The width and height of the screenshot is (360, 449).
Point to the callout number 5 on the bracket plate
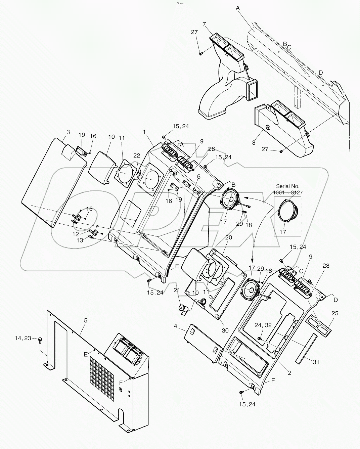[x=86, y=320]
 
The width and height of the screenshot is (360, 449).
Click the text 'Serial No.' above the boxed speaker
[x=287, y=186]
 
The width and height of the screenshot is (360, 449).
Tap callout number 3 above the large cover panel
[x=68, y=132]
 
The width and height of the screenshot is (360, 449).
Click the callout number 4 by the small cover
[x=185, y=325]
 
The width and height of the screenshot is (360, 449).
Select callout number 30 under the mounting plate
[x=225, y=330]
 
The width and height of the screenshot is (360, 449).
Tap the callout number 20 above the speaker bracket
[x=228, y=237]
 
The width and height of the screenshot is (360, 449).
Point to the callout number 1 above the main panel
[x=144, y=132]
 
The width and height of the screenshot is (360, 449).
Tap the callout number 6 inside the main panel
[x=199, y=177]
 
